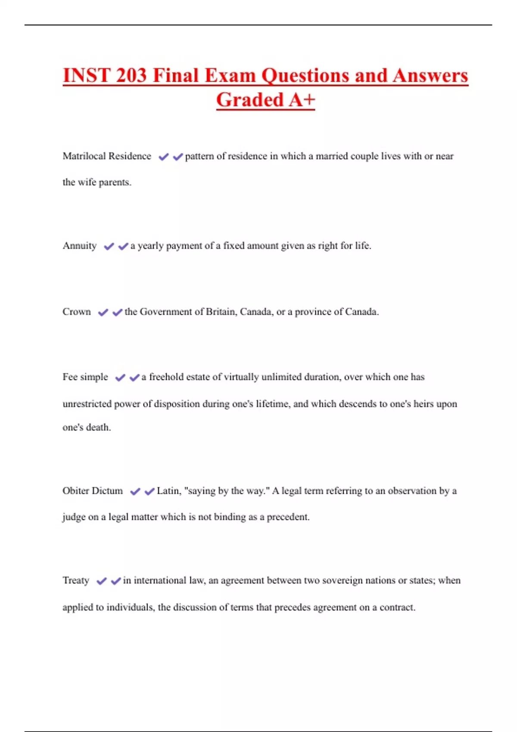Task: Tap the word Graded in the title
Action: (x=249, y=100)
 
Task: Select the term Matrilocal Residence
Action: (x=107, y=156)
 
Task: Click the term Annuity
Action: (x=80, y=246)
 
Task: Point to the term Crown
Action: (x=77, y=312)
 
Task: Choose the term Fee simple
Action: (x=85, y=377)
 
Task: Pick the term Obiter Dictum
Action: (x=93, y=491)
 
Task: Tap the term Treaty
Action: (x=76, y=580)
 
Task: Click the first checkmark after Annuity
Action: (x=109, y=246)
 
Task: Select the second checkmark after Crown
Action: (x=117, y=312)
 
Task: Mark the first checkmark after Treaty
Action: (x=101, y=581)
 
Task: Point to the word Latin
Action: (x=168, y=491)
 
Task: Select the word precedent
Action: (x=288, y=517)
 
